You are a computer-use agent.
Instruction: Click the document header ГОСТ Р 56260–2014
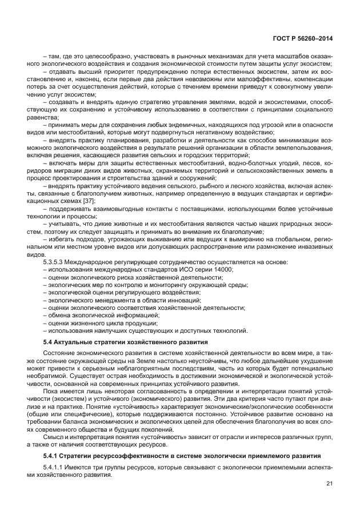[x=305, y=38]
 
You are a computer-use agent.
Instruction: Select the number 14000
[x=223, y=269]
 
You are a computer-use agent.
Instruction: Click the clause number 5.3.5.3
[x=55, y=261]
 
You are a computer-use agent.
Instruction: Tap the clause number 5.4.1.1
[x=56, y=468]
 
